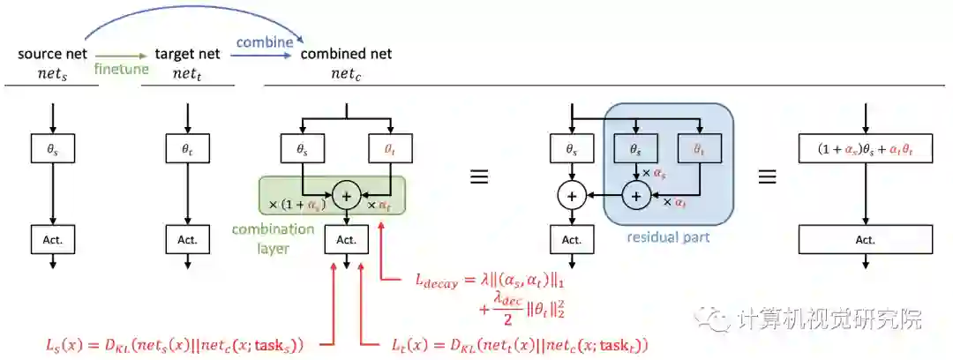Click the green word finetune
[121, 69]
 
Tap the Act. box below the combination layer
[346, 238]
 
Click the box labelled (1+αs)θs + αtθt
[865, 150]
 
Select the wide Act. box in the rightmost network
[865, 238]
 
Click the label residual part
[668, 237]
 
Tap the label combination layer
[274, 237]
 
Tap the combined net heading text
[346, 54]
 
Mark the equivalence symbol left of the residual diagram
[478, 175]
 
